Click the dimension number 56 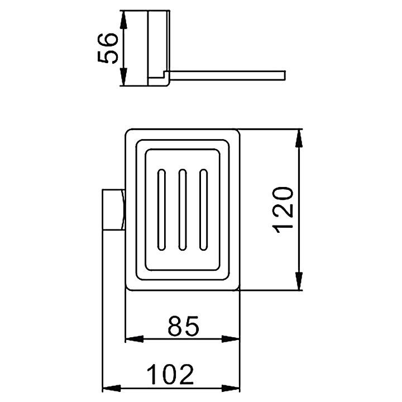pos(108,48)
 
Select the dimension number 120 pos(283,210)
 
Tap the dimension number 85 pos(183,326)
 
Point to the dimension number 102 pos(170,374)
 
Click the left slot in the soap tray pos(161,210)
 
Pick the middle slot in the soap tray pos(183,210)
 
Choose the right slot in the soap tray pos(204,210)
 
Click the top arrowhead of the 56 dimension pos(123,20)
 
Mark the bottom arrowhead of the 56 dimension pos(123,76)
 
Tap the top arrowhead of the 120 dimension pos(299,138)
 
